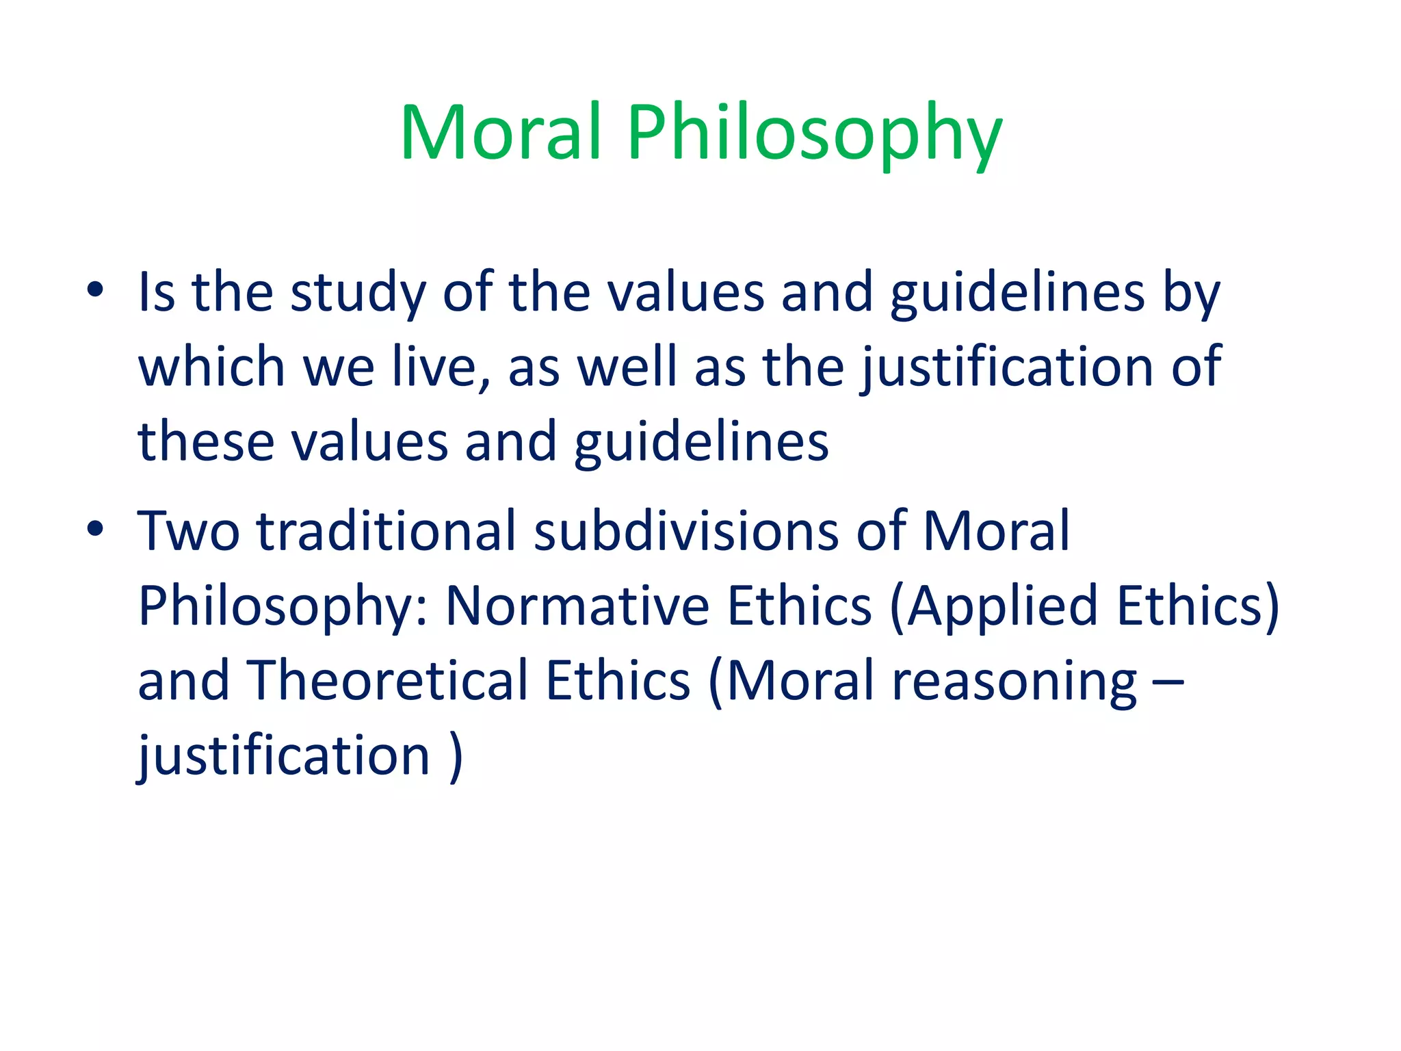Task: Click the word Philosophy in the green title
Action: pos(814,133)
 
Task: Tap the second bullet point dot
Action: pos(95,528)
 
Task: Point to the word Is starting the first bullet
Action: pos(157,292)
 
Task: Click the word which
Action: pos(211,367)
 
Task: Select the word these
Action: pos(206,441)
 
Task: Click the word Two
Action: pos(189,531)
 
